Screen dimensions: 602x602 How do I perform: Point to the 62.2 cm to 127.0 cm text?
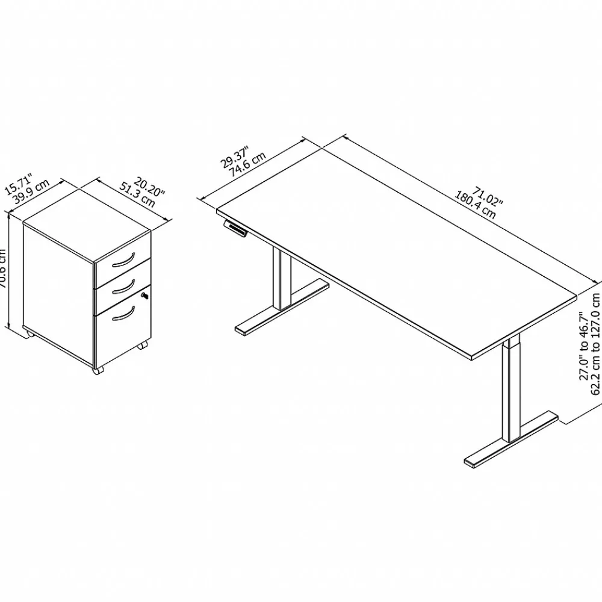pyautogui.click(x=596, y=352)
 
